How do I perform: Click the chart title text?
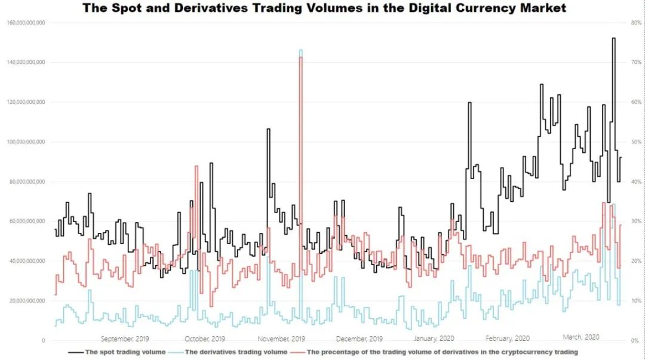pos(324,8)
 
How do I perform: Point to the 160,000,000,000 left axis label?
pos(26,23)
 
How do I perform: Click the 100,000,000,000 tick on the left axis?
pos(26,142)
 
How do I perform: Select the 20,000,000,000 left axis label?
pos(27,301)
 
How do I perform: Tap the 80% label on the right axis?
pos(636,23)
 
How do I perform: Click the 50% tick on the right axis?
pos(636,142)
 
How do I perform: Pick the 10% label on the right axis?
pos(636,301)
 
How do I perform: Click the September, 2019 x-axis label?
pos(125,339)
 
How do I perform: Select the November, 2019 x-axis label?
pos(281,339)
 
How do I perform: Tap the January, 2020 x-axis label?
pos(434,339)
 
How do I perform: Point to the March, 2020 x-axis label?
pos(581,337)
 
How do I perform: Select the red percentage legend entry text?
pos(442,352)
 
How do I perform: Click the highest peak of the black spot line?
pos(614,38)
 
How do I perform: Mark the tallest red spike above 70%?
pos(300,57)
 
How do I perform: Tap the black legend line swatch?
pos(76,353)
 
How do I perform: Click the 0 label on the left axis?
pos(43,341)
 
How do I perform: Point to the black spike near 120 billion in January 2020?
pos(469,103)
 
